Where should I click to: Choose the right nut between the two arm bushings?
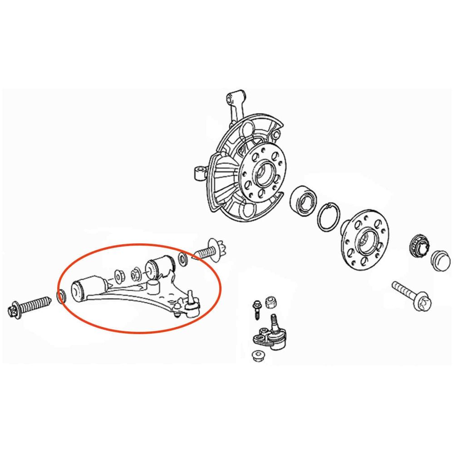click(136, 274)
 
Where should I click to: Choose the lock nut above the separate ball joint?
click(271, 302)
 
